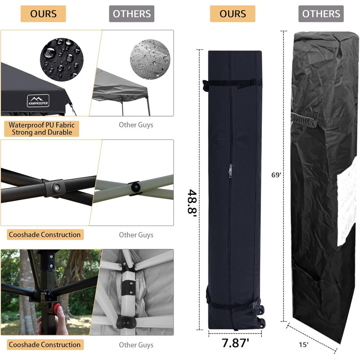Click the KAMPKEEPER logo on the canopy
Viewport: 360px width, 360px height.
coord(38,100)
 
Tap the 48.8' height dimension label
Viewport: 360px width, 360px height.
coord(193,202)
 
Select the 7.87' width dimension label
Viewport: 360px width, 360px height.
coord(235,343)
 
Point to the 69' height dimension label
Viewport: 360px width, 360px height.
coord(276,175)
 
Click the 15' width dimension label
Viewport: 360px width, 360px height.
coord(303,345)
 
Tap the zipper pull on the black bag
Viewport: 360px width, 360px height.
coord(230,171)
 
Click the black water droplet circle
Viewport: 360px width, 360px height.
coord(62,59)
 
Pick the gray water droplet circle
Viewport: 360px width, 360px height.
coord(150,59)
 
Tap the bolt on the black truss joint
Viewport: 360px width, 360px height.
coord(57,187)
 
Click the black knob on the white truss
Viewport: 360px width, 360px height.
coord(136,188)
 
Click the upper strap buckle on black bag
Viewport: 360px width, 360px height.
coord(256,82)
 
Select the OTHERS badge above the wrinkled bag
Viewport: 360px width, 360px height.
coord(321,14)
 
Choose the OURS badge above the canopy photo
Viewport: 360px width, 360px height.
coord(43,14)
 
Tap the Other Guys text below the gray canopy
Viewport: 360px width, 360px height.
coord(136,125)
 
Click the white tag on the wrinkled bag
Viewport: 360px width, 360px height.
coord(347,204)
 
